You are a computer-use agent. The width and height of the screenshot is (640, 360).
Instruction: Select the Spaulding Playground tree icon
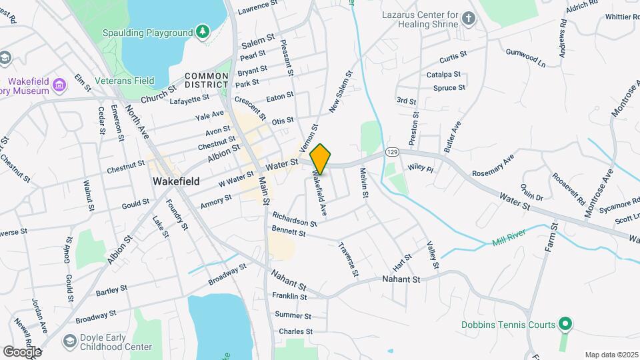202,31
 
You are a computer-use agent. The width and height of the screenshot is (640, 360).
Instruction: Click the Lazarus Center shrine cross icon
469,18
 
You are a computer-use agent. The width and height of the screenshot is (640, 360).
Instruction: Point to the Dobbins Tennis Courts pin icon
565,325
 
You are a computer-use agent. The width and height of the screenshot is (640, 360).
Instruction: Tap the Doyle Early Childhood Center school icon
69,341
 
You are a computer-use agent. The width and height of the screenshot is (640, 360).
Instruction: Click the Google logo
22,351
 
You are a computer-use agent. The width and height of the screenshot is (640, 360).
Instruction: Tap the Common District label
207,81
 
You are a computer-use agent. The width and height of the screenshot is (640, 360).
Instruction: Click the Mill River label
509,238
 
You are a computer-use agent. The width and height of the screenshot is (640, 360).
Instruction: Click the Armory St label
216,201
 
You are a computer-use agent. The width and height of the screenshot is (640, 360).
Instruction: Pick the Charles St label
295,331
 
